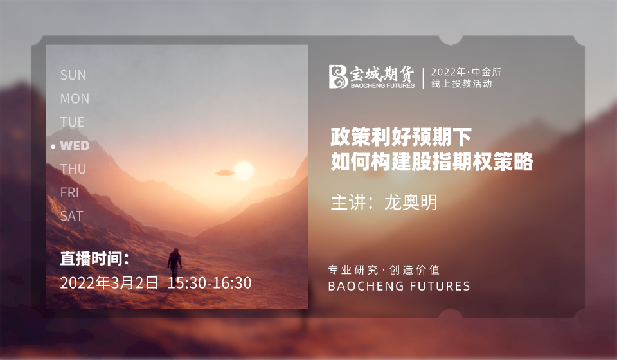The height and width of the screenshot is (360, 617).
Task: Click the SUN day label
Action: click(x=73, y=75)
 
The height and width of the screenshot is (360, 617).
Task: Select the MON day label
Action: click(x=75, y=98)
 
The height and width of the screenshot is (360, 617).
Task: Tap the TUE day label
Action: click(x=73, y=122)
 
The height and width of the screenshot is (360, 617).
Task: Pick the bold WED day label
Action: click(x=75, y=146)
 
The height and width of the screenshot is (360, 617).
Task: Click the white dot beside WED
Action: click(x=53, y=147)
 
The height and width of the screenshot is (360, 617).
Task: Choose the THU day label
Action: click(x=73, y=169)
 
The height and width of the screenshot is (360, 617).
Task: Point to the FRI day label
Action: click(x=69, y=192)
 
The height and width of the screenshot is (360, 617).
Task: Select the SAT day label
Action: click(x=71, y=216)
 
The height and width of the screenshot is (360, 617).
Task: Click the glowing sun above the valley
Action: click(x=244, y=171)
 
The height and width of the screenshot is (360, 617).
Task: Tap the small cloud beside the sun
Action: click(x=225, y=173)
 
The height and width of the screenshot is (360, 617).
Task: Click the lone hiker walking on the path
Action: click(x=175, y=263)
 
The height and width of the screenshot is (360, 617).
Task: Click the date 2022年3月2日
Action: click(x=109, y=283)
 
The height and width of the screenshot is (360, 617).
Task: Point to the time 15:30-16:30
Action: click(x=210, y=283)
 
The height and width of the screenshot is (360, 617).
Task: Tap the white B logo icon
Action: click(x=338, y=76)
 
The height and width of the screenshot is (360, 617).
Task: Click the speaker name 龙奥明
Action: click(x=411, y=203)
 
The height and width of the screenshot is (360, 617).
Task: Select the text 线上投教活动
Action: click(x=461, y=84)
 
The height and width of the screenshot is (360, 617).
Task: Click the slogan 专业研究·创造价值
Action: click(x=384, y=270)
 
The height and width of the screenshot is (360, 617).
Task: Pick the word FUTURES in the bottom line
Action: click(x=440, y=286)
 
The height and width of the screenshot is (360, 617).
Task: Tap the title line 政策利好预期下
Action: click(x=401, y=137)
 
